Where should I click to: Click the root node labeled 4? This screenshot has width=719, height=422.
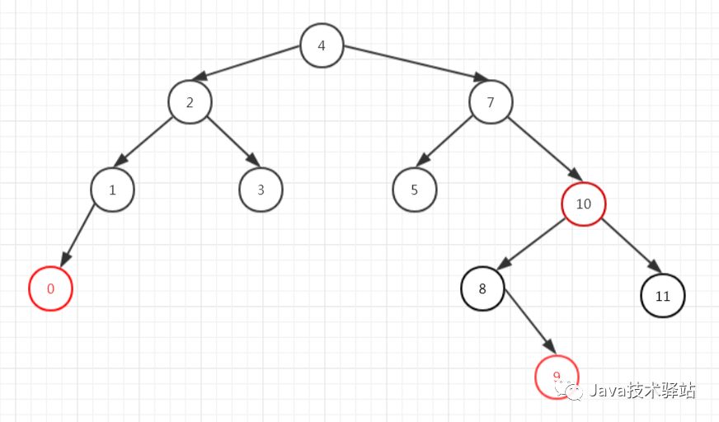pos(322,45)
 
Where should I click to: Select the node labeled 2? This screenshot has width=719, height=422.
pos(190,102)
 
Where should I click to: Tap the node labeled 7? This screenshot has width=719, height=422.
pos(491,102)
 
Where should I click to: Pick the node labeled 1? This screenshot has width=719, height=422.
pos(112,190)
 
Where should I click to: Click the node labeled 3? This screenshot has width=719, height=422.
pos(261,190)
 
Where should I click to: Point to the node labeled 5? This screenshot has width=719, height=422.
pos(414,190)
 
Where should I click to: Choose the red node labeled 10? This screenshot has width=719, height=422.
pos(584,204)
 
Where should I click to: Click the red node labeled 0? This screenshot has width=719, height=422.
pos(51,289)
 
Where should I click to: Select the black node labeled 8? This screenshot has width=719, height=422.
pos(482,289)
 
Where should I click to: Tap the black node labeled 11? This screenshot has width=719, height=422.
pos(663,295)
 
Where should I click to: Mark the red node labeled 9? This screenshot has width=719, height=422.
pos(557,377)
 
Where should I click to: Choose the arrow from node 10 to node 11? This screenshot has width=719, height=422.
pos(631,246)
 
